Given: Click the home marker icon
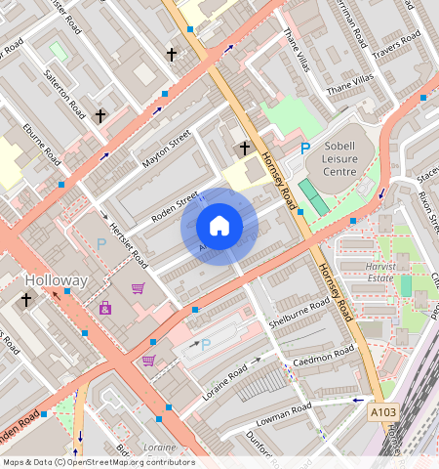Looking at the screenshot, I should [x=219, y=227].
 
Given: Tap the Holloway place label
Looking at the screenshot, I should [x=56, y=280].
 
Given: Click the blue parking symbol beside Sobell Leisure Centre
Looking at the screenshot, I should [x=305, y=149].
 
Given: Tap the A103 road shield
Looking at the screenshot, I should [x=383, y=414].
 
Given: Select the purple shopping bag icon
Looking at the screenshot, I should [x=104, y=308].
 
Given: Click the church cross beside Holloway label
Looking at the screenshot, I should [x=25, y=301].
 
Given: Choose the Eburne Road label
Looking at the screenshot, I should [x=44, y=145].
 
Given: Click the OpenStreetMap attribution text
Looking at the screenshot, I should [x=99, y=462].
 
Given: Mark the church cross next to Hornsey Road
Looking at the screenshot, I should [x=245, y=149].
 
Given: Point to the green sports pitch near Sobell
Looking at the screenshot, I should [x=312, y=195].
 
